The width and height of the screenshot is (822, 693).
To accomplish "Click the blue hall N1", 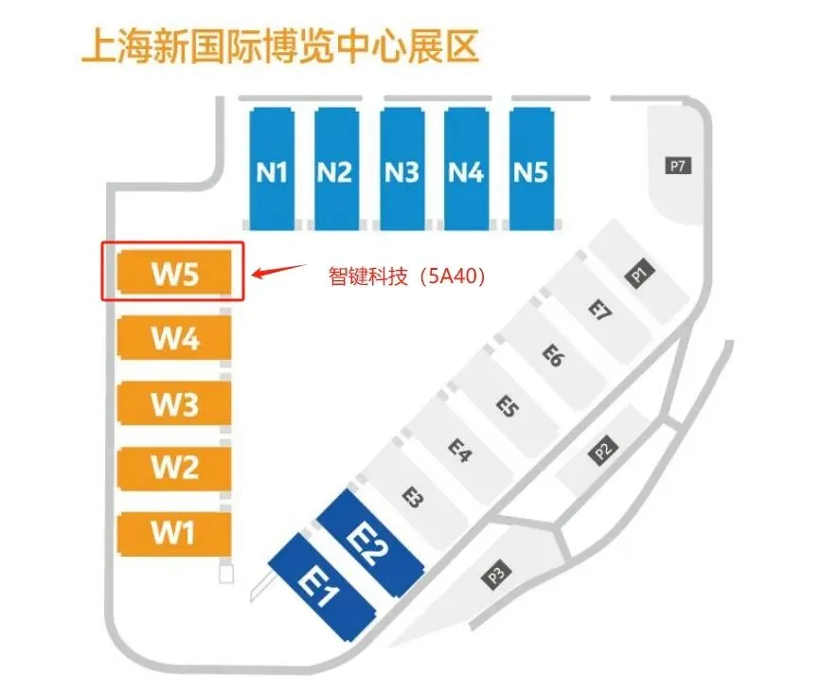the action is pyautogui.click(x=272, y=169).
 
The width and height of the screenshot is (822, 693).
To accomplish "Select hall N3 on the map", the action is pyautogui.click(x=402, y=169).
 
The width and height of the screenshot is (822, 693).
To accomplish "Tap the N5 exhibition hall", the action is pyautogui.click(x=531, y=169).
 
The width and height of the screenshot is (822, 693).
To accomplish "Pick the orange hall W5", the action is pyautogui.click(x=174, y=274).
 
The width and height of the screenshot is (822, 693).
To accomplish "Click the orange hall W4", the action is pyautogui.click(x=174, y=338).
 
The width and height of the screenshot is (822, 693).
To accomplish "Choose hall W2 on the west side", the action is pyautogui.click(x=174, y=468).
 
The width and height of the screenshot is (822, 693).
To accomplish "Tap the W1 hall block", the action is pyautogui.click(x=174, y=532).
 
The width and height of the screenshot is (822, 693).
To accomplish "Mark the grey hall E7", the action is pyautogui.click(x=599, y=311).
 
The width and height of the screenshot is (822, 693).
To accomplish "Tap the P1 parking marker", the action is pyautogui.click(x=639, y=275).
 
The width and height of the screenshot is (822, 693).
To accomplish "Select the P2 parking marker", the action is pyautogui.click(x=605, y=450).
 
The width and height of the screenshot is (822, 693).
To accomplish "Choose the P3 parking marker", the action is pyautogui.click(x=496, y=574).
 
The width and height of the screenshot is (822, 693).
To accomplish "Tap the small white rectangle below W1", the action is pyautogui.click(x=225, y=574).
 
